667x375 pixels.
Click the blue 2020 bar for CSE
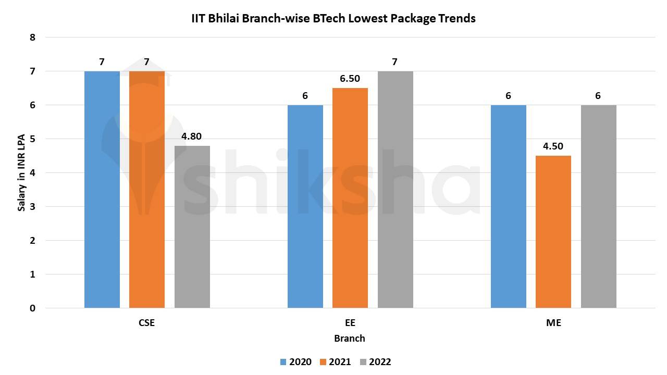102,190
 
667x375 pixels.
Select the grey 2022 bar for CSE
192,227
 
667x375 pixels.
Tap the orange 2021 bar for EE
350,198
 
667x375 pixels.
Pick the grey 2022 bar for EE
395,190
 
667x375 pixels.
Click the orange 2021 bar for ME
553,232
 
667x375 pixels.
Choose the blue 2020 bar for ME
508,206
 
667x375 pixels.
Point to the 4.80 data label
192,137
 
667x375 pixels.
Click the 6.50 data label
350,79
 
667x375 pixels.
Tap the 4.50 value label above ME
553,146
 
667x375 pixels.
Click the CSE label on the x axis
147,323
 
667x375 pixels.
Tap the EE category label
350,323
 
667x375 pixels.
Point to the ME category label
553,323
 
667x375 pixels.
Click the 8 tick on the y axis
33,37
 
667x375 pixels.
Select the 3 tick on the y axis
33,207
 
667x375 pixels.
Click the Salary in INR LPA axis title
22,172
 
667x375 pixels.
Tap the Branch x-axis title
350,339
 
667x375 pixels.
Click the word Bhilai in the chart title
224,19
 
